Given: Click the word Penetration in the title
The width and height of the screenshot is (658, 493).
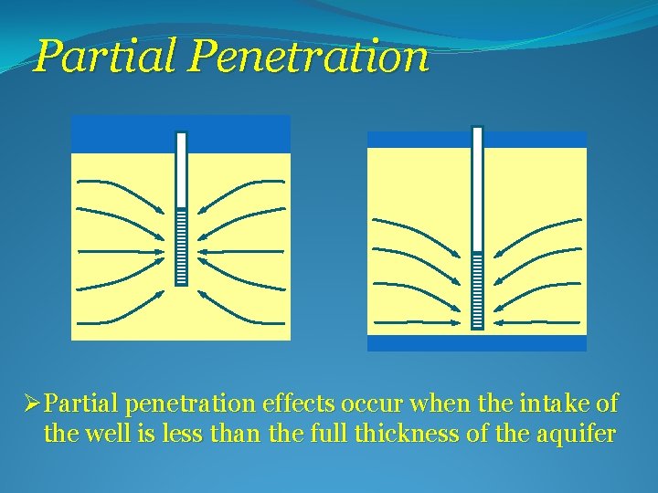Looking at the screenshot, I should pos(309,57).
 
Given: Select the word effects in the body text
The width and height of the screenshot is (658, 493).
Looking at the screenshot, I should pos(292,403).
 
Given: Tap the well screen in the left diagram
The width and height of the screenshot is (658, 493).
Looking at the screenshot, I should pos(181,246).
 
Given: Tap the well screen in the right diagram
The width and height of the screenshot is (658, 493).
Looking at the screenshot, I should pos(476,290).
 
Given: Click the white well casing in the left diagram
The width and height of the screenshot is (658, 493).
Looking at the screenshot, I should pos(181,169).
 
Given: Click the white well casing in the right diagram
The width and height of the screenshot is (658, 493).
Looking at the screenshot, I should pos(476,187).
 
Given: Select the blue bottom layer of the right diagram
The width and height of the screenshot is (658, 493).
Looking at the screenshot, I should pos(476,343).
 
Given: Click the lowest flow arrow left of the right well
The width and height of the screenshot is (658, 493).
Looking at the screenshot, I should pos(416,321).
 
